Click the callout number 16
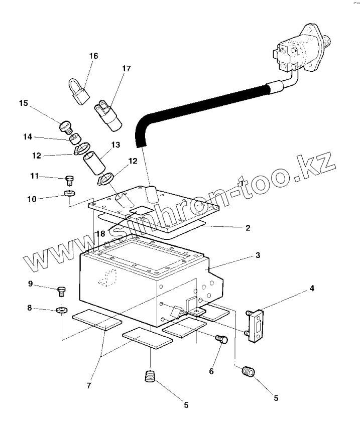click(x=93, y=56)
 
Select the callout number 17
click(x=126, y=68)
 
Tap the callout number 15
click(x=24, y=103)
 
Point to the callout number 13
click(x=116, y=145)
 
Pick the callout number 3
click(x=258, y=255)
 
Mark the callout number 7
click(x=88, y=385)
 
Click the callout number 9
click(x=30, y=284)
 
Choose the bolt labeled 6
click(x=221, y=339)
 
